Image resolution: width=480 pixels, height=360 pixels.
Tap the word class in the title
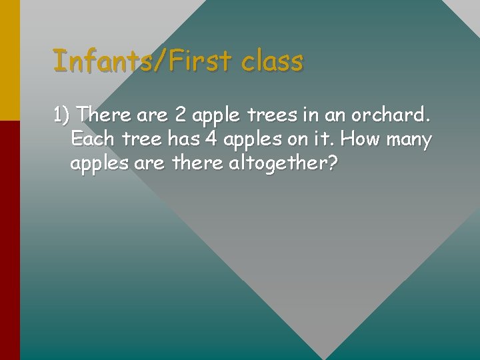point(272,61)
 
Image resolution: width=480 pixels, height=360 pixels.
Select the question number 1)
point(63,115)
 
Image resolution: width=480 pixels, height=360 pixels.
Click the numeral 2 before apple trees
point(180,115)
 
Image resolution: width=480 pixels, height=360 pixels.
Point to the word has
point(183,140)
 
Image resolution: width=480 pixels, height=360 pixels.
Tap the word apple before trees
point(217,116)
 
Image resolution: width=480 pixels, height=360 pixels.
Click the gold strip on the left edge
point(9,60)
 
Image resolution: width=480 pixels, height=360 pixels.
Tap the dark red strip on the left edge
point(9,240)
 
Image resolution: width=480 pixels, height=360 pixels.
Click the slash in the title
point(163,61)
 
